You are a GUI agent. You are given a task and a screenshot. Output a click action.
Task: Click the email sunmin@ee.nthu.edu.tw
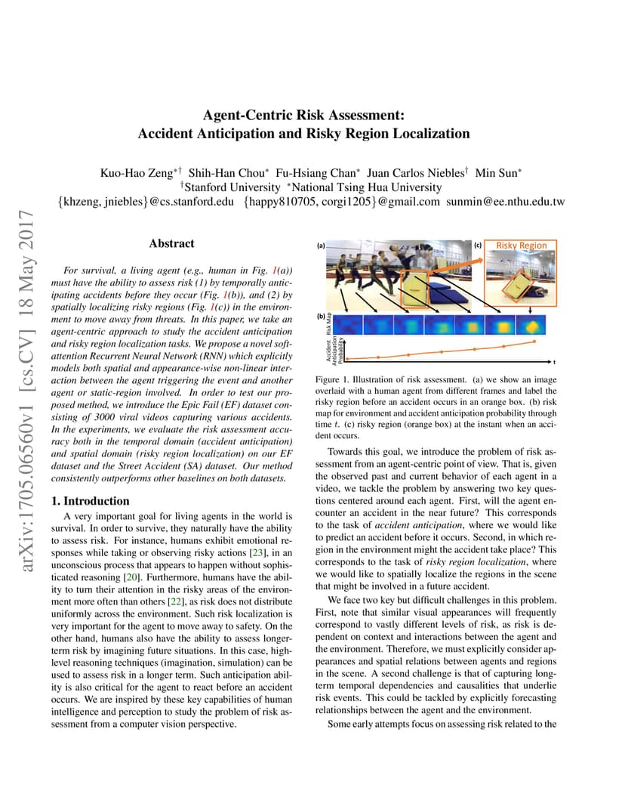pos(505,202)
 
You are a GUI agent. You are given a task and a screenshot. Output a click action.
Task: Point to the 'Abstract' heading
pos(171,243)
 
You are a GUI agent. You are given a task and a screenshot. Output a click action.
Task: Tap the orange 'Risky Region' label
pos(521,246)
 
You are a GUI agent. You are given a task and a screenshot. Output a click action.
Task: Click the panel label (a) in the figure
pos(321,246)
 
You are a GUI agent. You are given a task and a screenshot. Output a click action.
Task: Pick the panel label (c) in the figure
pos(478,246)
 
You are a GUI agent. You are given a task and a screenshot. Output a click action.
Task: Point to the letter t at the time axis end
pos(553,362)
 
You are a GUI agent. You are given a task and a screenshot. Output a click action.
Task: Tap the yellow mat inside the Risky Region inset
pos(519,287)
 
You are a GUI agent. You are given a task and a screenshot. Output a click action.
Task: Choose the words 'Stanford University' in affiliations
pos(229,187)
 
